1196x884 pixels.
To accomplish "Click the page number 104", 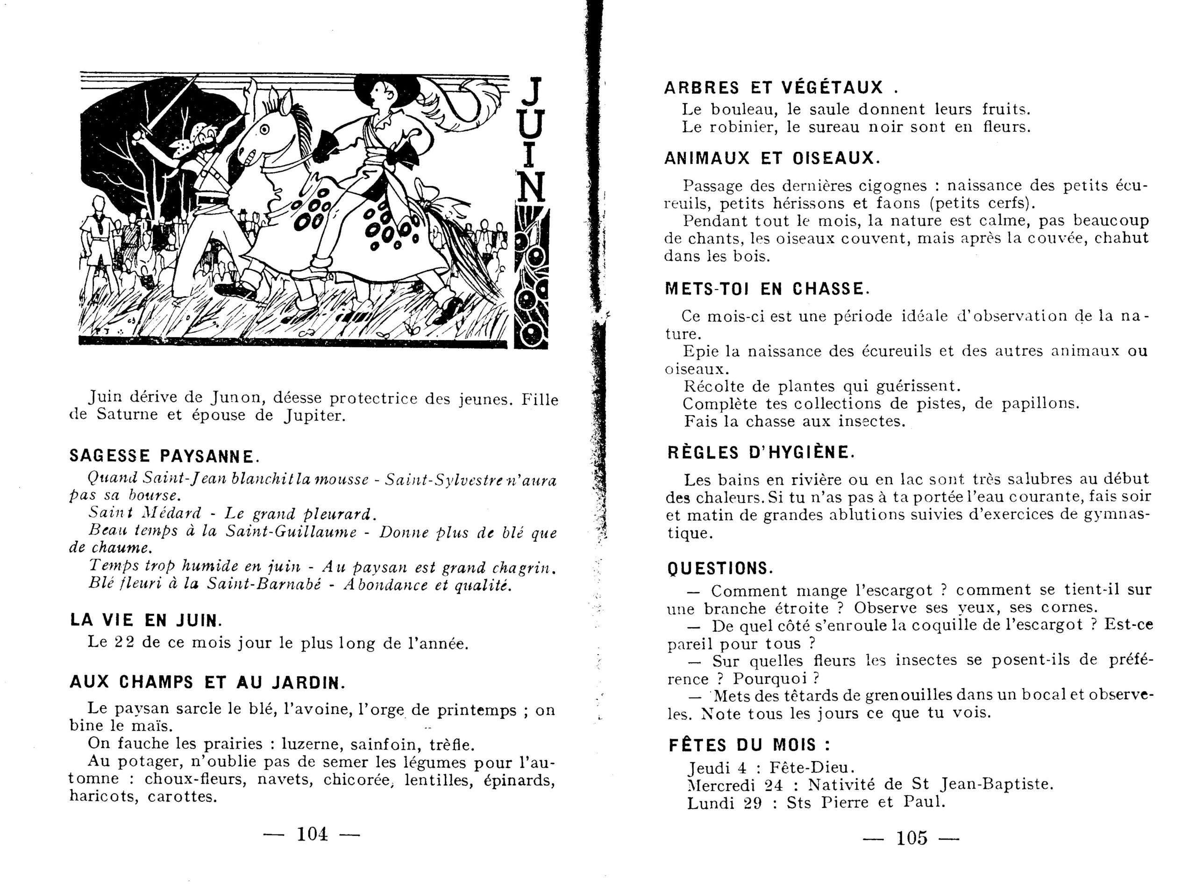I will click(312, 834).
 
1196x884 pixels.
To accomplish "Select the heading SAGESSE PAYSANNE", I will click(164, 456).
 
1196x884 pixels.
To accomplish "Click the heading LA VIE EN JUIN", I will click(146, 620).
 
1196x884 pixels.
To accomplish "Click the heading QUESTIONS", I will click(719, 568).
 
